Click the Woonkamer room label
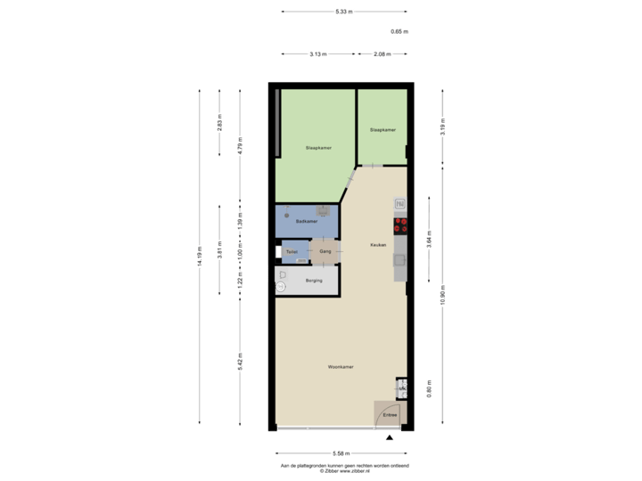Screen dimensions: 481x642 point(342,366)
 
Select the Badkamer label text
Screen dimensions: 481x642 point(307,221)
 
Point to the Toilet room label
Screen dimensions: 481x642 point(292,252)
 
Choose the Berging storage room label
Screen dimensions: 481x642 point(313,281)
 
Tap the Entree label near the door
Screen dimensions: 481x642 point(390,415)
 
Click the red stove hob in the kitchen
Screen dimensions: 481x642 point(400,224)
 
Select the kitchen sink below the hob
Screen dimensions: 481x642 point(400,260)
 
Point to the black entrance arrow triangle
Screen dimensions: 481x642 point(389,437)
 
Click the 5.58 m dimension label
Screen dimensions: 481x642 point(342,452)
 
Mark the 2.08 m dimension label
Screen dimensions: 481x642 point(381,53)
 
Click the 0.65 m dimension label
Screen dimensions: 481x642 point(399,32)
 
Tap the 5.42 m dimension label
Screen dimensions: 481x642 point(241,363)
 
